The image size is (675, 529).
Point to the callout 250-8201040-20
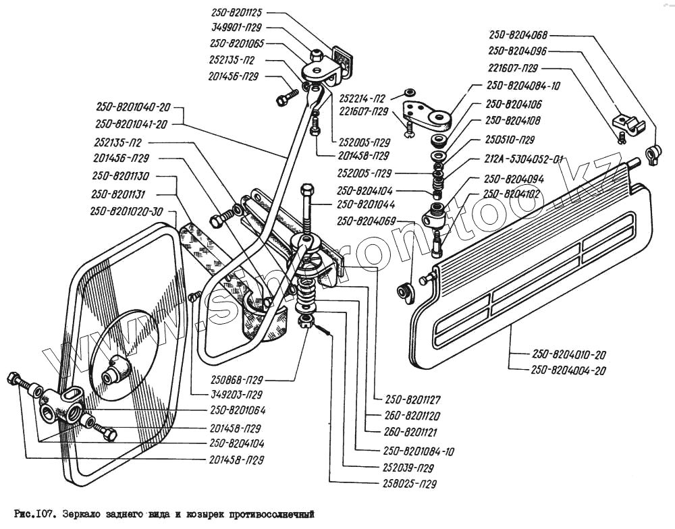coord(132,108)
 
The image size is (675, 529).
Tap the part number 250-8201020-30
coord(127,211)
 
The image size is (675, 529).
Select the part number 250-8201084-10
coord(418,451)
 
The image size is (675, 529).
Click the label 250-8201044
coord(367,204)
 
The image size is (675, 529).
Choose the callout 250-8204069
coord(366,221)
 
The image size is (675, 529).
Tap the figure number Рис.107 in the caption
coord(33,513)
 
